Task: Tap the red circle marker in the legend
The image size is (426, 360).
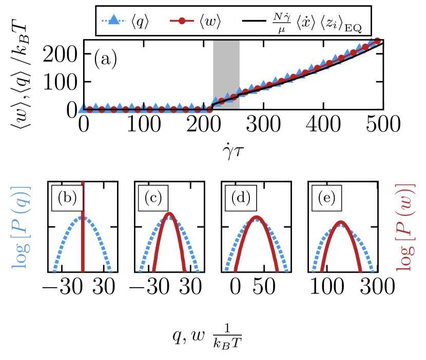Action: pyautogui.click(x=182, y=21)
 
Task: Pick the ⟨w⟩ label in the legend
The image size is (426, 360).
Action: pyautogui.click(x=210, y=22)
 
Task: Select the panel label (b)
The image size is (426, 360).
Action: pyautogui.click(x=67, y=197)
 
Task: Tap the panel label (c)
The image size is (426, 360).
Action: pyautogui.click(x=153, y=197)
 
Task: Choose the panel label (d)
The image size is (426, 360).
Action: pyautogui.click(x=241, y=197)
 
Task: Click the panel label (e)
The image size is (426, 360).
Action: pyautogui.click(x=327, y=197)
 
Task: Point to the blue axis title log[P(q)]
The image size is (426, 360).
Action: pyautogui.click(x=21, y=227)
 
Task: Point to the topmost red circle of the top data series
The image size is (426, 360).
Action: pyautogui.click(x=377, y=41)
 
